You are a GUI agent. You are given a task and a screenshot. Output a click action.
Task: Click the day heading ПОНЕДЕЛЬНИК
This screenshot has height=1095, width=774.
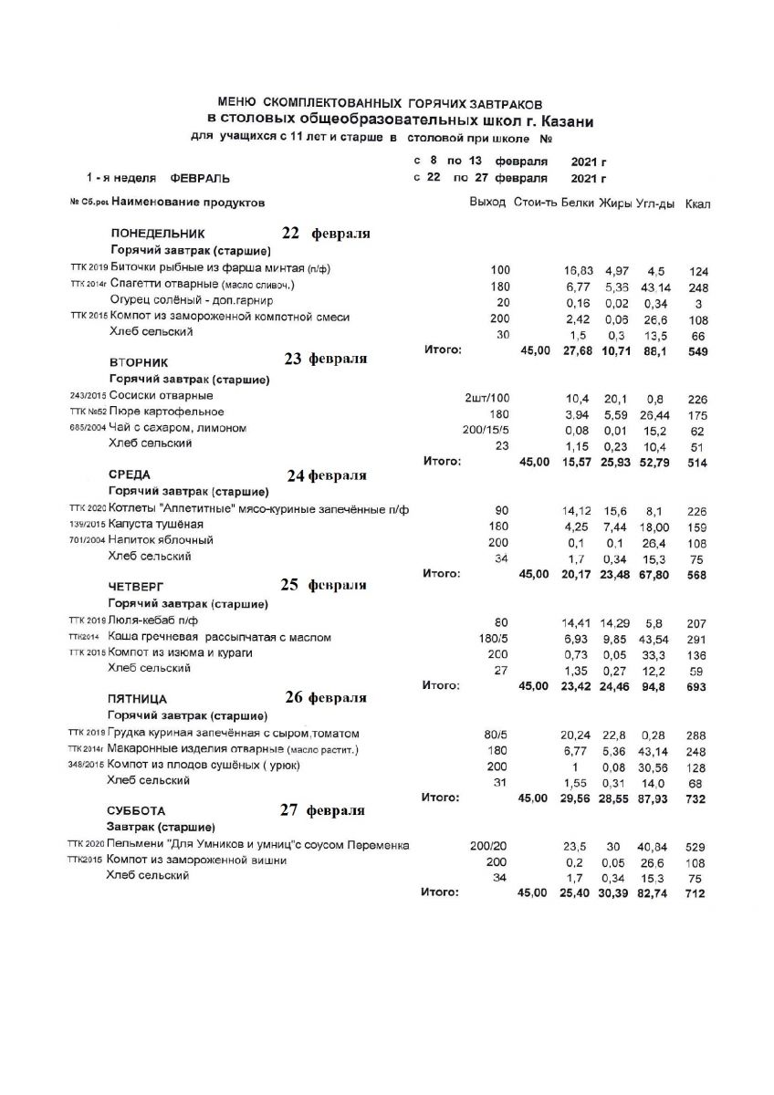(x=158, y=234)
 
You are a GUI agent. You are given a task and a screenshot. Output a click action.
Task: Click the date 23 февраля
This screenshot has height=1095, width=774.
(x=326, y=359)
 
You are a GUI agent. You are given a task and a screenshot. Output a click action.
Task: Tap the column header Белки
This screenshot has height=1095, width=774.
(x=578, y=202)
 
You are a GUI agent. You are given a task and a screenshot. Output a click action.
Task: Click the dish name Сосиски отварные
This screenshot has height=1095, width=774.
(x=161, y=396)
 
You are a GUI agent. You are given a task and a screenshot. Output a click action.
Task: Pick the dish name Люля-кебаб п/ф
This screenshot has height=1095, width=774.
(x=152, y=620)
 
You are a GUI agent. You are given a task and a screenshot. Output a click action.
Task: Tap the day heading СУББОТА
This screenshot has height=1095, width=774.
(x=137, y=810)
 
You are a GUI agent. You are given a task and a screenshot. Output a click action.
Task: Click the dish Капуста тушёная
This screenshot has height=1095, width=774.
(x=155, y=525)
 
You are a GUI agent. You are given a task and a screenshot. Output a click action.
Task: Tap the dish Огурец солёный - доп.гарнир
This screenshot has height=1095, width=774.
(x=191, y=299)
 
